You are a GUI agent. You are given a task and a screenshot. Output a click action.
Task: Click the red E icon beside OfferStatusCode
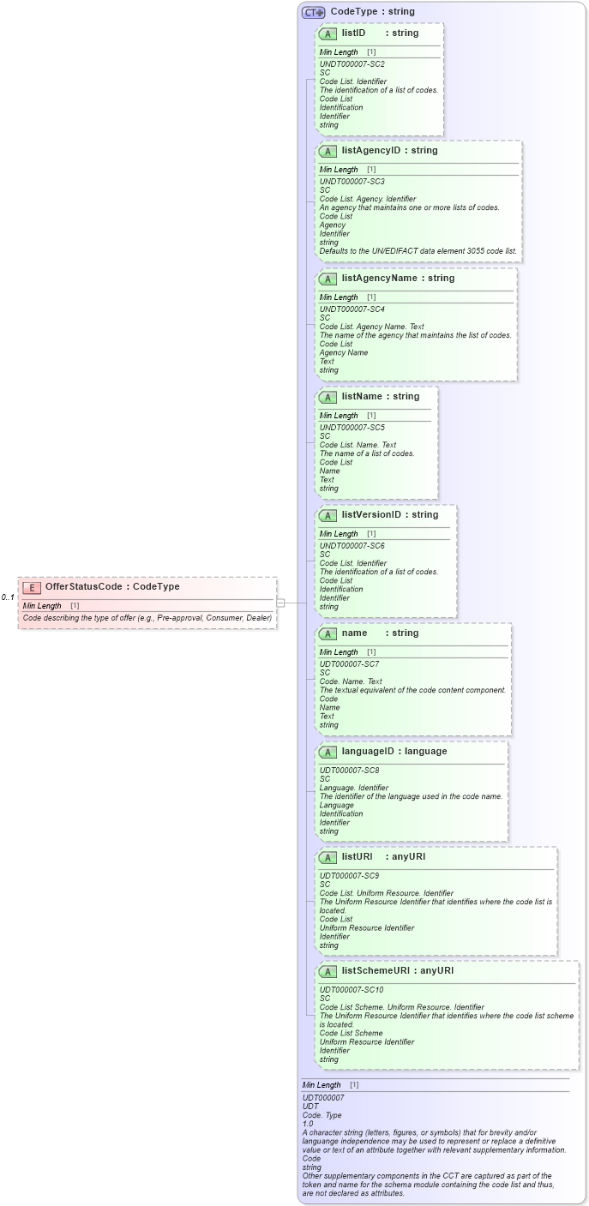[x=32, y=587]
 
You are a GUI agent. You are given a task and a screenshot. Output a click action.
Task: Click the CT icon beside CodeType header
[x=313, y=12]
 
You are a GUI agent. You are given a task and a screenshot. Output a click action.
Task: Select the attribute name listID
[x=353, y=33]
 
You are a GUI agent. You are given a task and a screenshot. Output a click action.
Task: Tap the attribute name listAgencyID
[x=370, y=151]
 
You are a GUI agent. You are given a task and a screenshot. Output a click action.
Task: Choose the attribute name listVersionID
[x=370, y=515]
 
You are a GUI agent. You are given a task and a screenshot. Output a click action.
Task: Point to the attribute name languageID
[x=370, y=752]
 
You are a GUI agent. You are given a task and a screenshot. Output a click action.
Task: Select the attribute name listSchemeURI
[x=374, y=971]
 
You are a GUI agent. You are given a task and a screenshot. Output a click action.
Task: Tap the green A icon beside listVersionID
[x=327, y=516]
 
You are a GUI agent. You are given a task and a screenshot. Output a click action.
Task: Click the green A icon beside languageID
[x=327, y=753]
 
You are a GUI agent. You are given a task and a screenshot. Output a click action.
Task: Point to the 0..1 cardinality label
[x=8, y=597]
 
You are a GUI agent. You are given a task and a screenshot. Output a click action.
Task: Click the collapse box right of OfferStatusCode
[x=280, y=603]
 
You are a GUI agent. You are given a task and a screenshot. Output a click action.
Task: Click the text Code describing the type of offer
[x=147, y=618]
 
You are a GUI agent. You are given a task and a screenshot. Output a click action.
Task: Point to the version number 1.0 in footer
[x=308, y=1124]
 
